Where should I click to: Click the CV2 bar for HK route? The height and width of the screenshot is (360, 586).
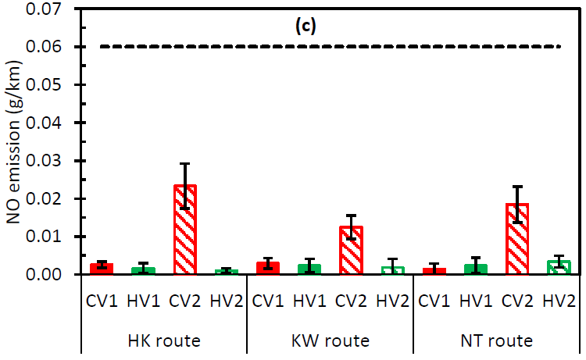[x=185, y=230]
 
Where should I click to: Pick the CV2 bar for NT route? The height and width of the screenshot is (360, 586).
[x=516, y=239]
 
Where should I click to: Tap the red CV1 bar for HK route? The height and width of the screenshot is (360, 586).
[x=102, y=269]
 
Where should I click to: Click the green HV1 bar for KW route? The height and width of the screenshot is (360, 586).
[x=309, y=269]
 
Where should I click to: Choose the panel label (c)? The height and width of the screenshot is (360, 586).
[x=305, y=26]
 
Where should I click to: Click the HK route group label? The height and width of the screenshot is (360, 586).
[x=164, y=341]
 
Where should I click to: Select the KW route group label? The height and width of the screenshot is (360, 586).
[x=330, y=341]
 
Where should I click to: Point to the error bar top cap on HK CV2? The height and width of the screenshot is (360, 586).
[x=185, y=164]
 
